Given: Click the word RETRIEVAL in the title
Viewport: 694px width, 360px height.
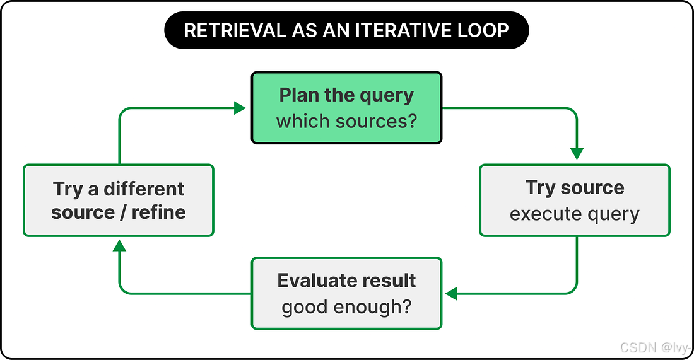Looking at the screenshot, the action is coord(235,30).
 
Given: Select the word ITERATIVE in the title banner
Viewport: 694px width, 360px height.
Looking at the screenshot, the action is coord(401,30).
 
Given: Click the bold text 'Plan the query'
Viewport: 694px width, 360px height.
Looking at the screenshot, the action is coord(346,96).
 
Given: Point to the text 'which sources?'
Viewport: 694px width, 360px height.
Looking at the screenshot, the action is coord(346,121).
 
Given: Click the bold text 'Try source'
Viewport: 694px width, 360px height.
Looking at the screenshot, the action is coord(575,188).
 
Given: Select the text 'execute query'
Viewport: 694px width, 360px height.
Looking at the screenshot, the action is coord(575,214).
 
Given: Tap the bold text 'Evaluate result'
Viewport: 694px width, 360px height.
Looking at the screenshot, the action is coord(346,281).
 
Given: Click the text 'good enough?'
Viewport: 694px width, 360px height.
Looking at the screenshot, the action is coord(346,307).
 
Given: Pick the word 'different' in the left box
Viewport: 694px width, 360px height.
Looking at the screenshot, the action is coord(144,189).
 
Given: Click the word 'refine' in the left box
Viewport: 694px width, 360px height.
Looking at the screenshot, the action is coord(158,212).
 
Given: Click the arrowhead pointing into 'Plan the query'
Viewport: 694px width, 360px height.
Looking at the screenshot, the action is coord(240,108).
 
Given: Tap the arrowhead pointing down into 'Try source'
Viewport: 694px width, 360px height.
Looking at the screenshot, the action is coord(577,153).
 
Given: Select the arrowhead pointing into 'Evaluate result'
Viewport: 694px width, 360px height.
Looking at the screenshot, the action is coord(451,293).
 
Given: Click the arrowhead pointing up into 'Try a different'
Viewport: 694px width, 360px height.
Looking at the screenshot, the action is coord(119,245).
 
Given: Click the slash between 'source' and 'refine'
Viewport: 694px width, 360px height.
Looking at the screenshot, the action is coord(123,212).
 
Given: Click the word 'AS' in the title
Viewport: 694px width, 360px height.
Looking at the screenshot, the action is coord(305,30).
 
